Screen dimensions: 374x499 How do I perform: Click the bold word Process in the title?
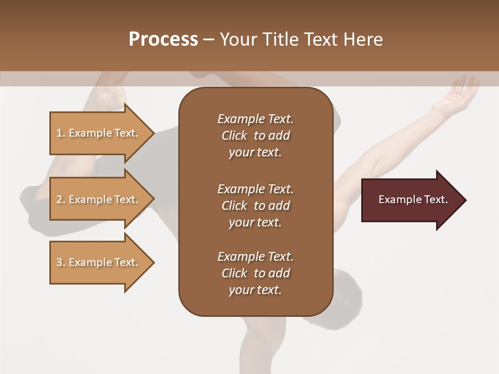click(163, 39)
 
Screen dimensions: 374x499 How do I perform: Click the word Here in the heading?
click(363, 39)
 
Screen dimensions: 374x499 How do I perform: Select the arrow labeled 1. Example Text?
click(99, 133)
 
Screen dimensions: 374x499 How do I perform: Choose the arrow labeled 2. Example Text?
click(99, 199)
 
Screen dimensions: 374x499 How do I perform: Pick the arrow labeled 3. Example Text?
click(99, 262)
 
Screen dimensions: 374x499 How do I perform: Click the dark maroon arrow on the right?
click(411, 200)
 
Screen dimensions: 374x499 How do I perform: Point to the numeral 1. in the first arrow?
click(60, 133)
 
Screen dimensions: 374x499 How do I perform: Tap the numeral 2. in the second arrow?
click(60, 199)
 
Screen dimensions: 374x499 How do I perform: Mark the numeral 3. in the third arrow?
click(60, 262)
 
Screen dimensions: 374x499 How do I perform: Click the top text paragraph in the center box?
click(255, 136)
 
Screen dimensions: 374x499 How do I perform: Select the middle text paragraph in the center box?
click(255, 206)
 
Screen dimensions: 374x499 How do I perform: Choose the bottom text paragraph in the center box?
click(255, 273)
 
